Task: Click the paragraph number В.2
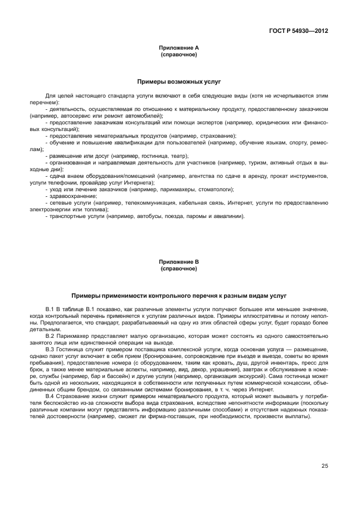point(50,336)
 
